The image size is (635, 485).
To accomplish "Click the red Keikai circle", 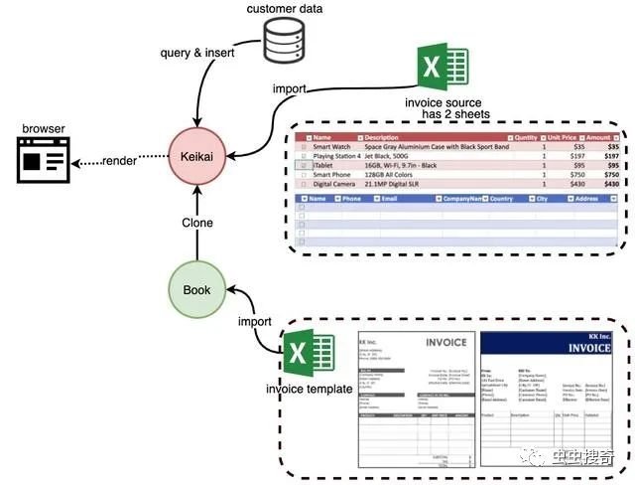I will coord(199,158).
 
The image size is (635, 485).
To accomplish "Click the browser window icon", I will coord(44,160).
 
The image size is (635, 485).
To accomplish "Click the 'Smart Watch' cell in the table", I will coord(335,146).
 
